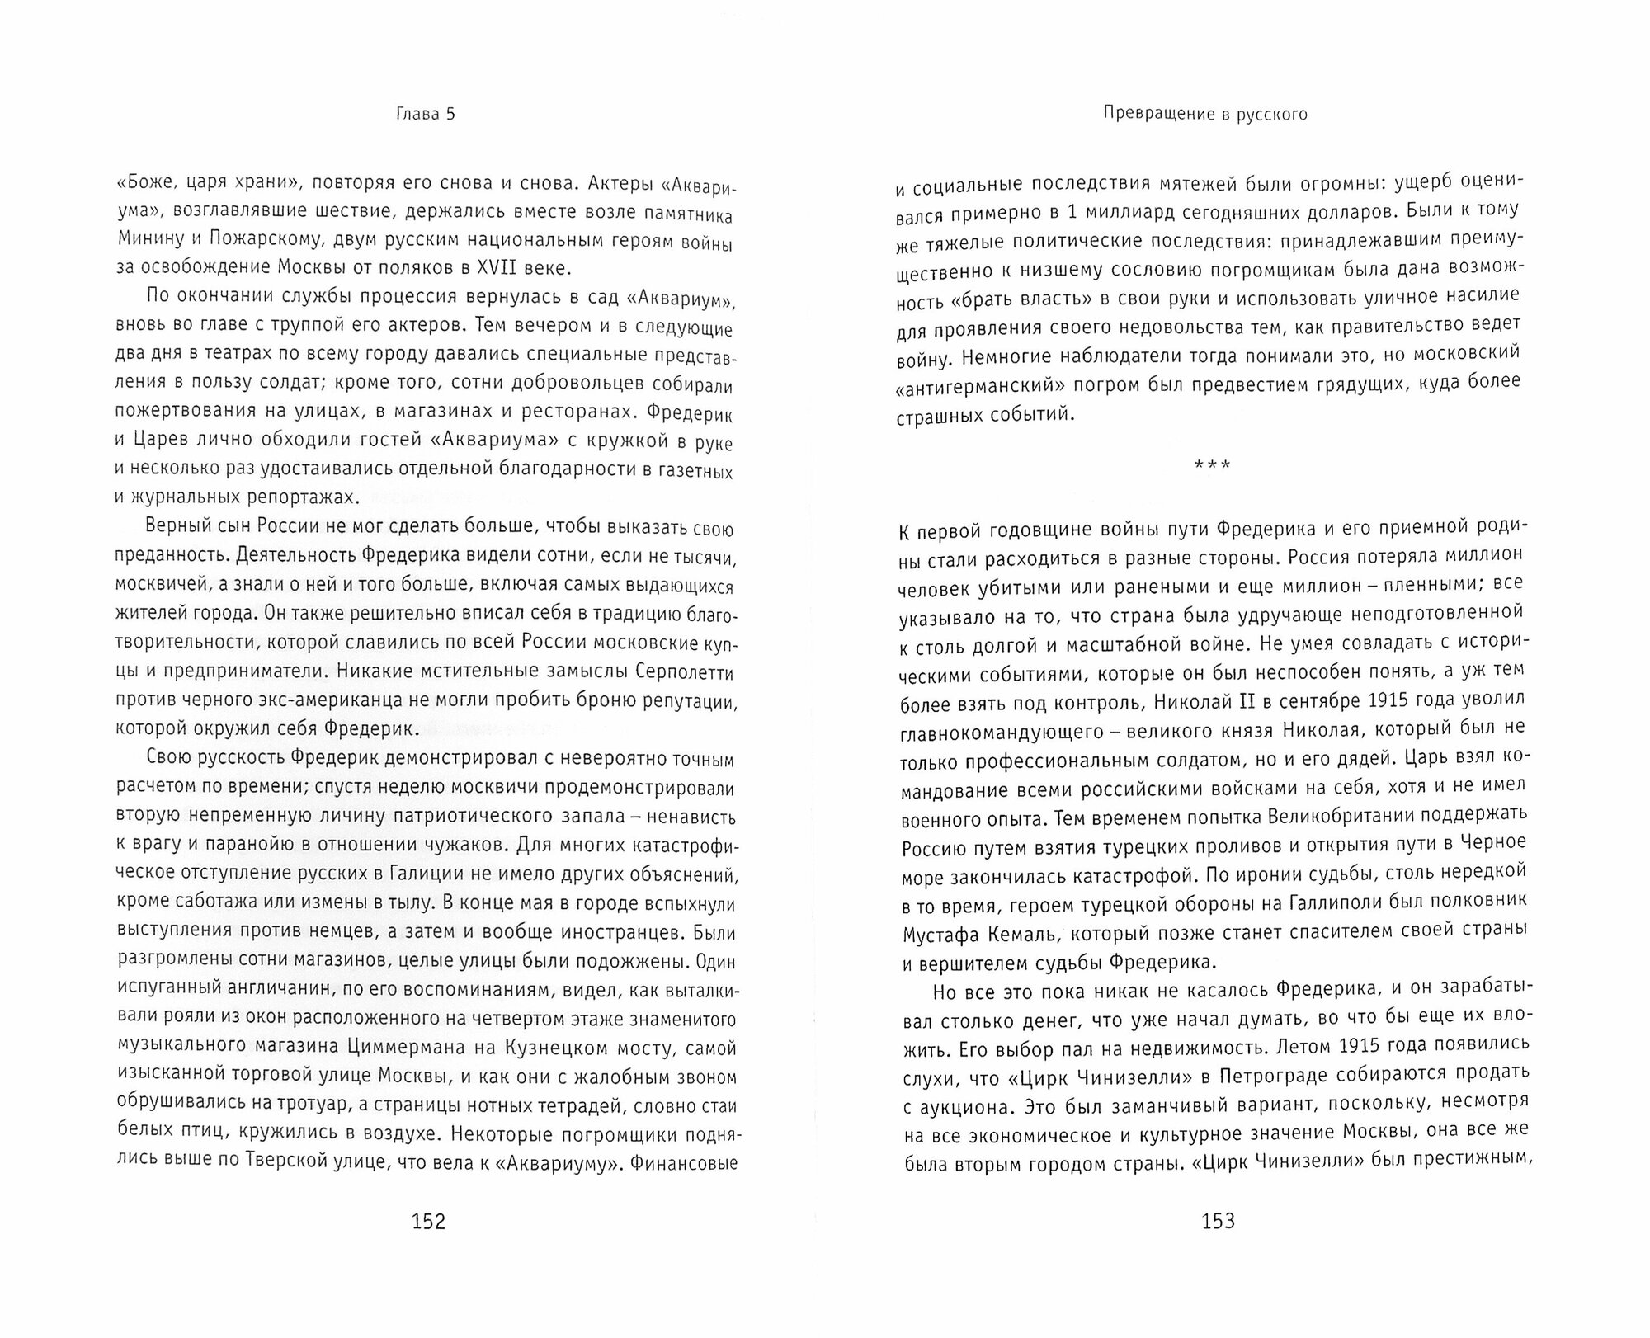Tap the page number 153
[1219, 1222]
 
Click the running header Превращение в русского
[1206, 115]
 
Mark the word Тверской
[298, 1163]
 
